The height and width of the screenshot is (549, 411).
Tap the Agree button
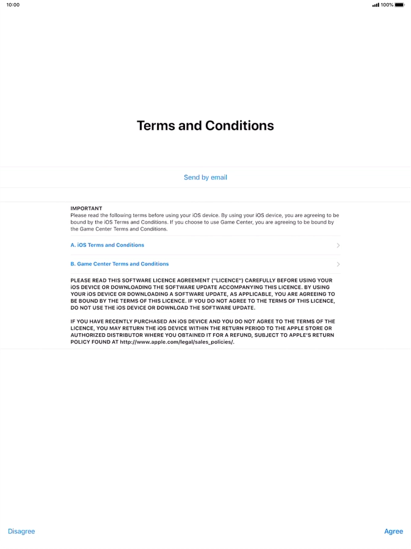[393, 531]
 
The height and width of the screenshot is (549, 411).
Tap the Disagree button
[21, 531]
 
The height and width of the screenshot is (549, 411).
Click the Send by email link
[205, 177]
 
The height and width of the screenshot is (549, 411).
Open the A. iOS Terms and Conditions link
[107, 245]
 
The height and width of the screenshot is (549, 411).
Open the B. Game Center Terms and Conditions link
[120, 264]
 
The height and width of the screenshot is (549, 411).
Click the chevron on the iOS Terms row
[338, 245]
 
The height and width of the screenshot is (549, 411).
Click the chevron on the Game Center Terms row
[338, 264]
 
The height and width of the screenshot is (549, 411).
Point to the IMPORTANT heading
[86, 208]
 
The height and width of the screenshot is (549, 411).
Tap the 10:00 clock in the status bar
[13, 5]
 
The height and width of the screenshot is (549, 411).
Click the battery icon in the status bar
[399, 5]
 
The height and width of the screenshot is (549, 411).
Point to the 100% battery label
[387, 5]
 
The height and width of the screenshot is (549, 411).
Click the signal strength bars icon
[376, 5]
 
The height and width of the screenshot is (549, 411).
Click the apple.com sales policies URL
[176, 342]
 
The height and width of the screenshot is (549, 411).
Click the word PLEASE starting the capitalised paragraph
[81, 280]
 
